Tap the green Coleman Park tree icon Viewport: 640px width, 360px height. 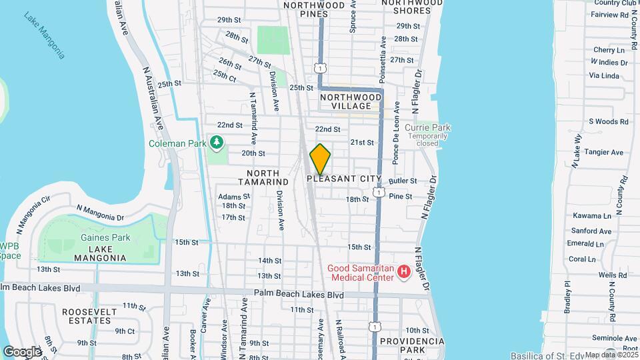pos(217,141)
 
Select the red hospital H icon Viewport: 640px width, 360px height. pos(403,271)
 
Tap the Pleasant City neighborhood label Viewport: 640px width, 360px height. pos(344,179)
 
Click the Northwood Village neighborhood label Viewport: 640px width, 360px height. pos(351,101)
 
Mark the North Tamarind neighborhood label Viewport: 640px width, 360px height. pos(264,177)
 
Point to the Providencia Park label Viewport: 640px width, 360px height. pos(411,345)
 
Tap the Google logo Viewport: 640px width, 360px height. pos(22,351)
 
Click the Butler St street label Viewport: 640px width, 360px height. pos(403,181)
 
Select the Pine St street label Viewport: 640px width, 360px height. pos(401,197)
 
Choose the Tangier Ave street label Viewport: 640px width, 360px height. pos(603,152)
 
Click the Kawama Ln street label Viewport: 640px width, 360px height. pos(591,216)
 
